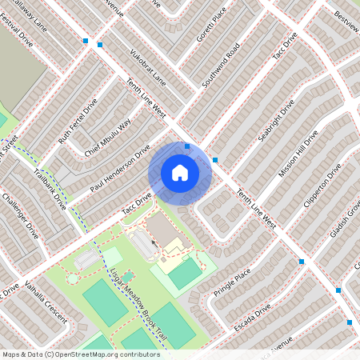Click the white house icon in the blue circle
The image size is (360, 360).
[180, 172]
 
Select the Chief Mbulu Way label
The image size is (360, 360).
[108, 138]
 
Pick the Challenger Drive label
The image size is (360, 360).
[20, 216]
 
